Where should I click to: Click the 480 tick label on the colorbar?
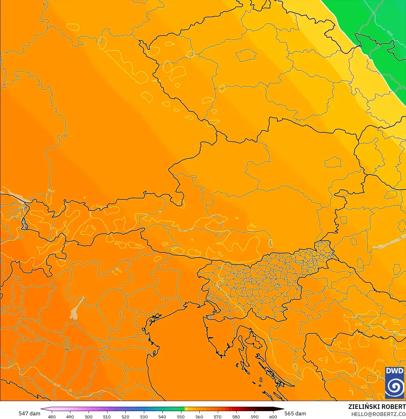coord(52,417)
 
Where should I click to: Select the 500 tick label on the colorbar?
coord(89,417)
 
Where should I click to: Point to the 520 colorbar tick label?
coord(125,417)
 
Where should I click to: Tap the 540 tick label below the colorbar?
coord(162,417)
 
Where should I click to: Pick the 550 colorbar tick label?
coord(181,417)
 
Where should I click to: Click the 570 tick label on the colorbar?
coord(217,417)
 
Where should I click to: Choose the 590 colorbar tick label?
coord(255,417)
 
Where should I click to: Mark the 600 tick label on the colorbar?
coord(273,417)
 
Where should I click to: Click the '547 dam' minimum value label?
coord(29,413)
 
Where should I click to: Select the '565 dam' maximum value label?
coord(295,413)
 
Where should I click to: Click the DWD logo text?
coord(394,371)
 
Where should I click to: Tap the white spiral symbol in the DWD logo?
coord(394,387)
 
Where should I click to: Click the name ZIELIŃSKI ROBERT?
coord(377,407)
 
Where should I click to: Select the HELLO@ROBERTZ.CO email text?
coord(378,414)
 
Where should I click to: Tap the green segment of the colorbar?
coord(176,409)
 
